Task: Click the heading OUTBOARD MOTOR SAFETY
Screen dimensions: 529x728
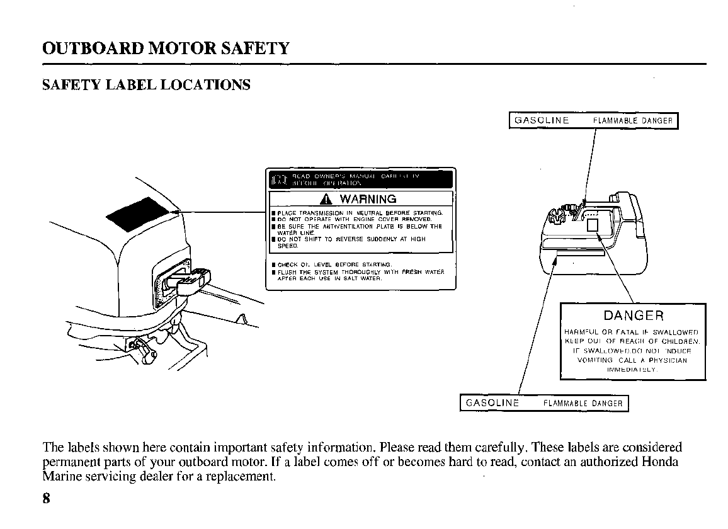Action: (x=166, y=48)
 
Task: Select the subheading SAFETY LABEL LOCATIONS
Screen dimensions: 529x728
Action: (x=146, y=85)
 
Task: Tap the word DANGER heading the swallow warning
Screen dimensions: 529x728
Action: (x=633, y=316)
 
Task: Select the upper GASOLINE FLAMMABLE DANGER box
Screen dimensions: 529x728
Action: (x=593, y=120)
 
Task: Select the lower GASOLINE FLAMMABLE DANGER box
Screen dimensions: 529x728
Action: (x=544, y=403)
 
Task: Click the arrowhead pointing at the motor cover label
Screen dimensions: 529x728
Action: (x=176, y=212)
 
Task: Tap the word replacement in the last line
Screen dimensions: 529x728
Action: (x=245, y=476)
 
